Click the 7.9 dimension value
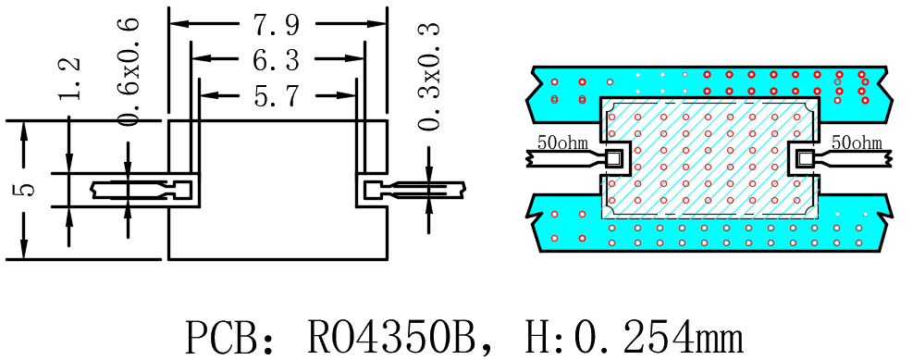point(276,24)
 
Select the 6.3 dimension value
point(276,59)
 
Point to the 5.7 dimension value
point(278,95)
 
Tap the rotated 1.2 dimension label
point(70,80)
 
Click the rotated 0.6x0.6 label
point(128,72)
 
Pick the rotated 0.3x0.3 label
point(428,76)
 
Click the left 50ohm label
point(561,143)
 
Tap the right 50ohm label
point(857,143)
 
